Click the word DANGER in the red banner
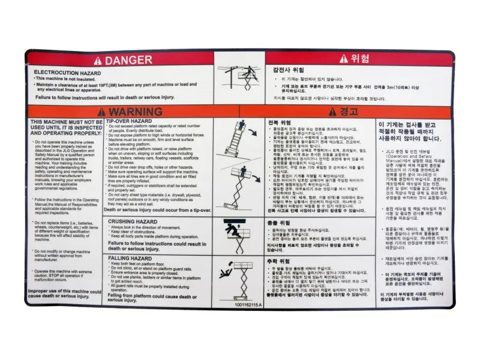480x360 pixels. click(129, 60)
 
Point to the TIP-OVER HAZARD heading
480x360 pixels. click(131, 121)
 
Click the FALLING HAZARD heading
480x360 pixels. click(129, 257)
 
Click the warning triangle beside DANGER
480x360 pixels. click(98, 60)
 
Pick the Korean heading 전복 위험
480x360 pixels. click(279, 122)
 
